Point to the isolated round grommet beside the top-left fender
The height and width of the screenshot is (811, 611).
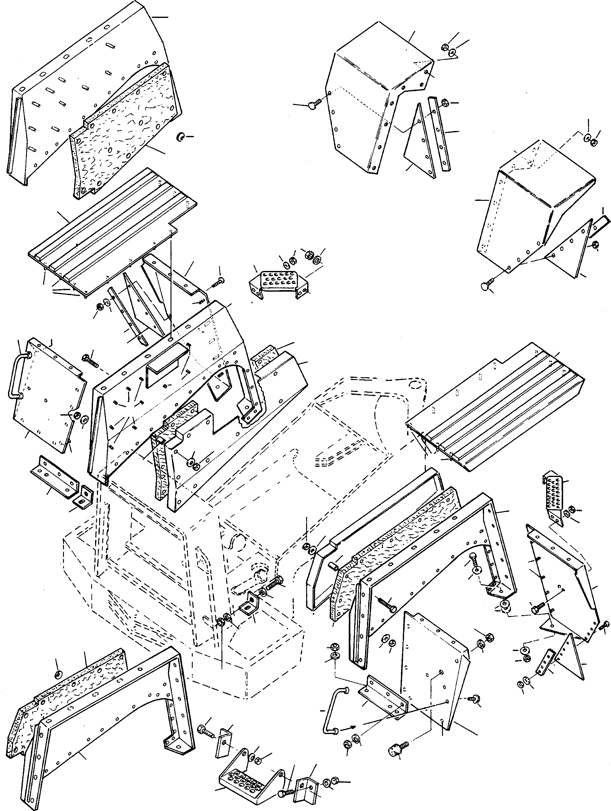[x=180, y=137]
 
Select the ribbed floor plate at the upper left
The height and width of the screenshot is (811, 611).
[x=110, y=234]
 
